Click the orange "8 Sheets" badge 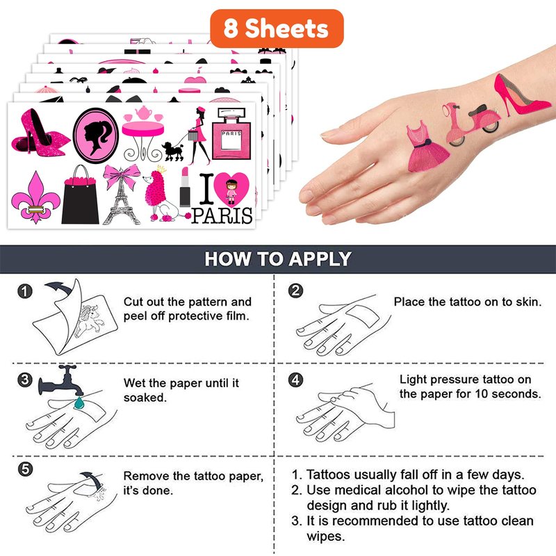pyautogui.click(x=277, y=28)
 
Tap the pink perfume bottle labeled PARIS pyautogui.click(x=231, y=133)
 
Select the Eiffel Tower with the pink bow pyautogui.click(x=121, y=195)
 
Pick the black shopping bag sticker pyautogui.click(x=80, y=195)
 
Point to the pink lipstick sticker pyautogui.click(x=185, y=187)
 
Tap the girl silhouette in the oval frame pyautogui.click(x=95, y=136)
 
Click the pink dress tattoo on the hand pyautogui.click(x=427, y=147)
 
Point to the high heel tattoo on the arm pyautogui.click(x=521, y=95)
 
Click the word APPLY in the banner pyautogui.click(x=320, y=259)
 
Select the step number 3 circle pyautogui.click(x=25, y=380)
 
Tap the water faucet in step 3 pyautogui.click(x=61, y=380)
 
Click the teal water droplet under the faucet pyautogui.click(x=79, y=402)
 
